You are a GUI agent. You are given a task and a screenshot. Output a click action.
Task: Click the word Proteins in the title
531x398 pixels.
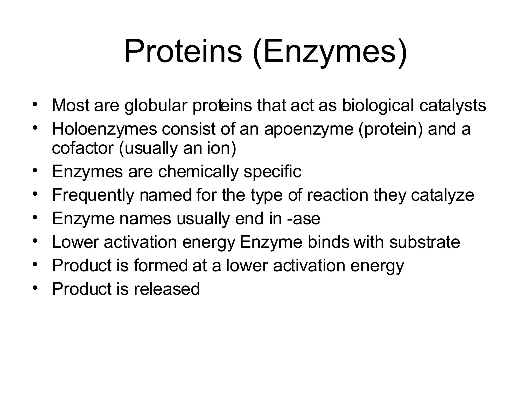tap(183, 52)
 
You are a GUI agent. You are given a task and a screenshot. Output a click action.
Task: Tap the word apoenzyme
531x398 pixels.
tap(309, 129)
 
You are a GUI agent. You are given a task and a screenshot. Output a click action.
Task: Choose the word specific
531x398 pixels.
tap(273, 172)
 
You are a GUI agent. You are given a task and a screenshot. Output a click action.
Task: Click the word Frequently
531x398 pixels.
tap(93, 195)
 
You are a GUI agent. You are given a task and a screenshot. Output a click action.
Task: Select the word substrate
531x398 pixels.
tap(424, 242)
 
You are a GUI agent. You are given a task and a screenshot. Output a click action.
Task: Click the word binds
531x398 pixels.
tap(329, 242)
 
